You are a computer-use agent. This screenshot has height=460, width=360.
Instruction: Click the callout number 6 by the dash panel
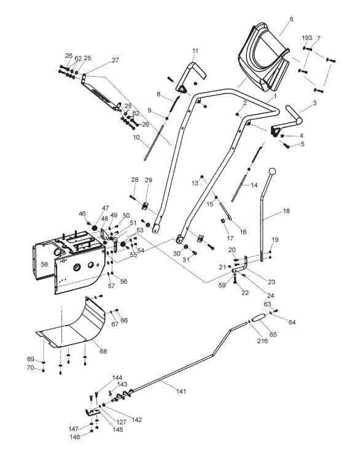291,20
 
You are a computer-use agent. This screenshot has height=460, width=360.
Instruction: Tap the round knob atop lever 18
272,171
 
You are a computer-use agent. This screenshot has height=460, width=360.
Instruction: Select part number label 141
181,391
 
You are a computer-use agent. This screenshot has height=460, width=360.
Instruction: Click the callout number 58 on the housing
44,264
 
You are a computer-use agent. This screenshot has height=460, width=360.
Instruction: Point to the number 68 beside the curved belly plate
103,351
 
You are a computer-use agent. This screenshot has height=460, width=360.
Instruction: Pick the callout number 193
307,38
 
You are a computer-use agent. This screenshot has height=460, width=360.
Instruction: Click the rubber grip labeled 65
258,318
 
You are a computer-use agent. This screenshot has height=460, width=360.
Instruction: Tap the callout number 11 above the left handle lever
195,50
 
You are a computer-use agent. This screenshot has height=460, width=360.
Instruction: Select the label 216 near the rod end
262,341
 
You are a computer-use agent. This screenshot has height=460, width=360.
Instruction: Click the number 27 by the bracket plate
115,60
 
